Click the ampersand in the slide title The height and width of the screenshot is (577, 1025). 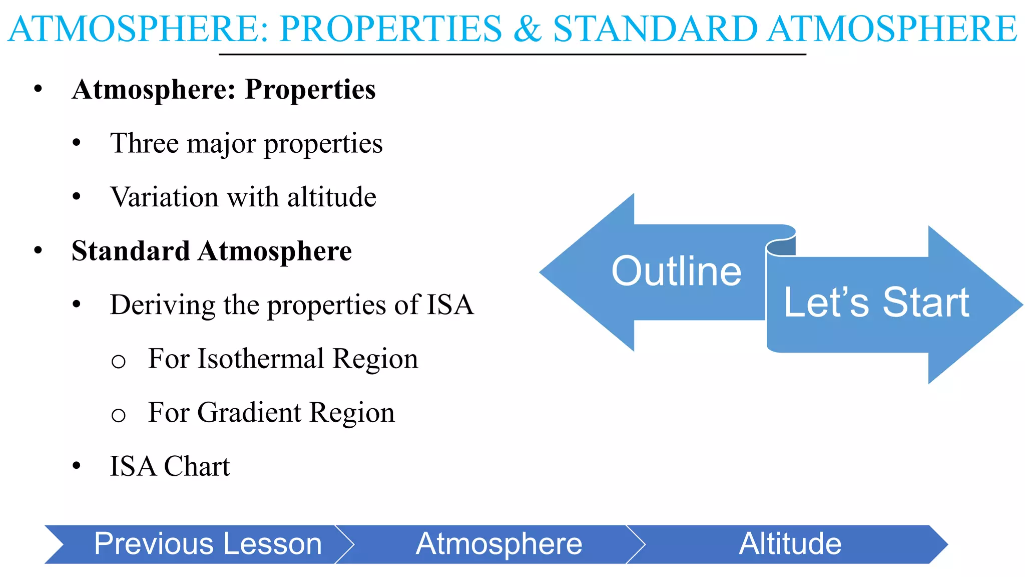(527, 29)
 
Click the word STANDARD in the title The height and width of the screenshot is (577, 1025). (655, 29)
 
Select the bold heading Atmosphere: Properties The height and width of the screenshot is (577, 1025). (223, 90)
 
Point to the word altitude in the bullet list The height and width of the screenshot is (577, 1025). (331, 197)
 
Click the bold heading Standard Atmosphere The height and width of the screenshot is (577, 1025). (212, 251)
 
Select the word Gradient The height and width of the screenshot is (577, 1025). (249, 413)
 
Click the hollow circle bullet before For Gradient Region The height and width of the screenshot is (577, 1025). (118, 415)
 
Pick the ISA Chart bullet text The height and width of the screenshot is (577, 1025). (169, 466)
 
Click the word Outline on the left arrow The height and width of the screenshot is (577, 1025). (676, 271)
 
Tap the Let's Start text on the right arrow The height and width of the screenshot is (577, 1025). (876, 303)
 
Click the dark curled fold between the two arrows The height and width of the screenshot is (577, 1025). (781, 248)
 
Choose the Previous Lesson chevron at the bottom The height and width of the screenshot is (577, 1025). (207, 544)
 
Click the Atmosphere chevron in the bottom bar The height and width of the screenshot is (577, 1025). (498, 544)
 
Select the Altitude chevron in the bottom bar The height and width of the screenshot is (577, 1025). (790, 544)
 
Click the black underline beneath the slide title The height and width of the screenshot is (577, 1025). (512, 54)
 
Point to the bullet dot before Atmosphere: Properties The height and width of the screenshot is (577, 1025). (38, 90)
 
